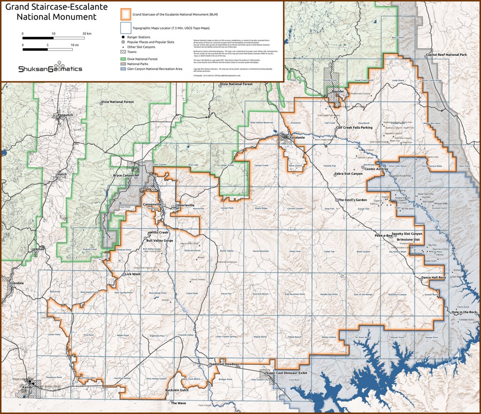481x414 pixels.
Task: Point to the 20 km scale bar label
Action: (87, 34)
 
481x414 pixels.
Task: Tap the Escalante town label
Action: (298, 138)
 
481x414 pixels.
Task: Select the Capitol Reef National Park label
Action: (450, 55)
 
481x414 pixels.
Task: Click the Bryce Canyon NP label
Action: (127, 175)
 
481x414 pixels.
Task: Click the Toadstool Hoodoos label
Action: (224, 364)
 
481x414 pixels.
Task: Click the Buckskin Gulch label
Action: (177, 390)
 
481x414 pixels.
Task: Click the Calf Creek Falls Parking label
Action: (354, 127)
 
